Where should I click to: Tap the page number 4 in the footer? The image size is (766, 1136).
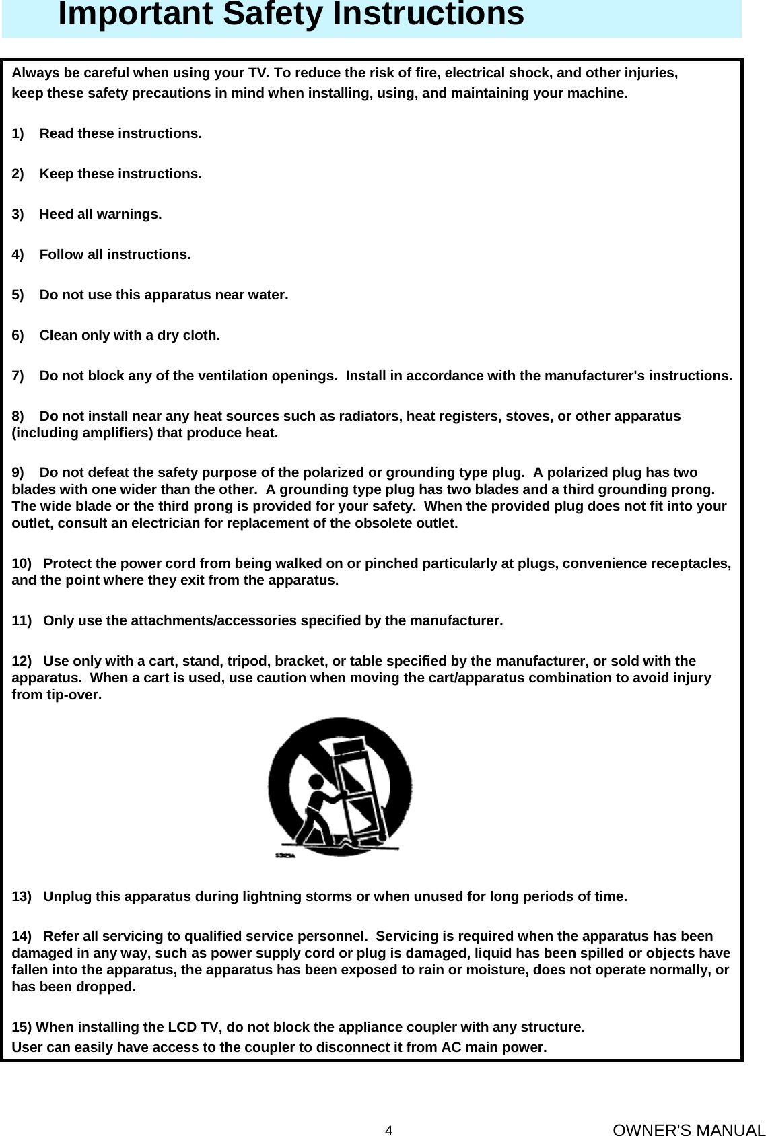tap(388, 1110)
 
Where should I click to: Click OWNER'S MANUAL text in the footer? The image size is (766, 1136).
tap(689, 1112)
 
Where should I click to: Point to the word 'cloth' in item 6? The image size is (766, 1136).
tap(201, 335)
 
